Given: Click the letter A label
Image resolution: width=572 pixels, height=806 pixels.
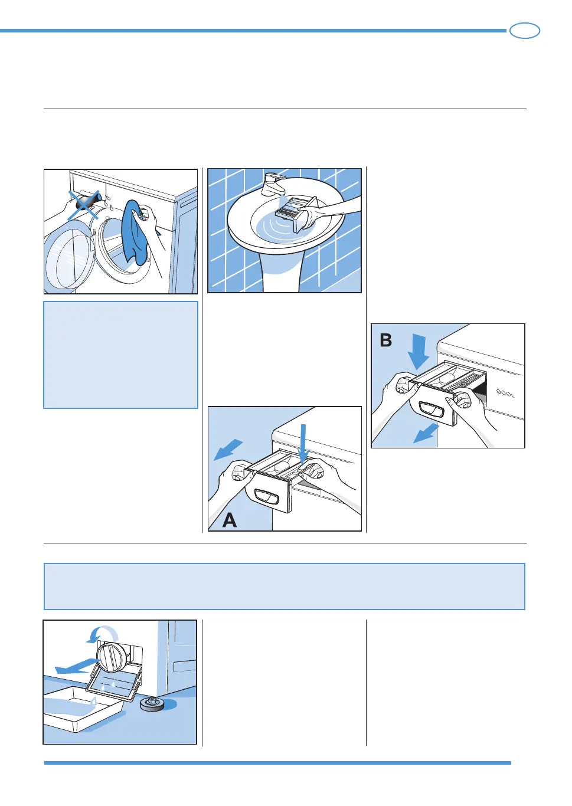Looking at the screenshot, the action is click(x=230, y=520).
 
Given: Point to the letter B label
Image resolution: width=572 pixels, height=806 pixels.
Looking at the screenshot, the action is click(x=386, y=340).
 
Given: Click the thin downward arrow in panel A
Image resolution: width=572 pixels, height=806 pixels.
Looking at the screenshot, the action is click(x=304, y=443).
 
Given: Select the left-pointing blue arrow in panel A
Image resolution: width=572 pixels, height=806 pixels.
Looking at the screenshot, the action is click(x=227, y=449).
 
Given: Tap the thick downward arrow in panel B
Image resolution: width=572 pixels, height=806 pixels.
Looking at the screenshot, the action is click(x=419, y=350).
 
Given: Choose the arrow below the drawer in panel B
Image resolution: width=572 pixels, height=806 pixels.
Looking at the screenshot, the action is click(x=426, y=434).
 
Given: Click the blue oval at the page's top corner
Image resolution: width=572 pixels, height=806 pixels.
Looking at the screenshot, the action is click(x=524, y=31).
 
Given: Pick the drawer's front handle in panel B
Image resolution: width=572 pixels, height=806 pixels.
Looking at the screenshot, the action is click(x=432, y=408).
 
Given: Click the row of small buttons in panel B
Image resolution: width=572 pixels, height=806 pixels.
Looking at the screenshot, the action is click(x=505, y=393).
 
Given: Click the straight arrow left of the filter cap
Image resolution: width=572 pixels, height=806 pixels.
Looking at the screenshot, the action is click(x=76, y=667).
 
